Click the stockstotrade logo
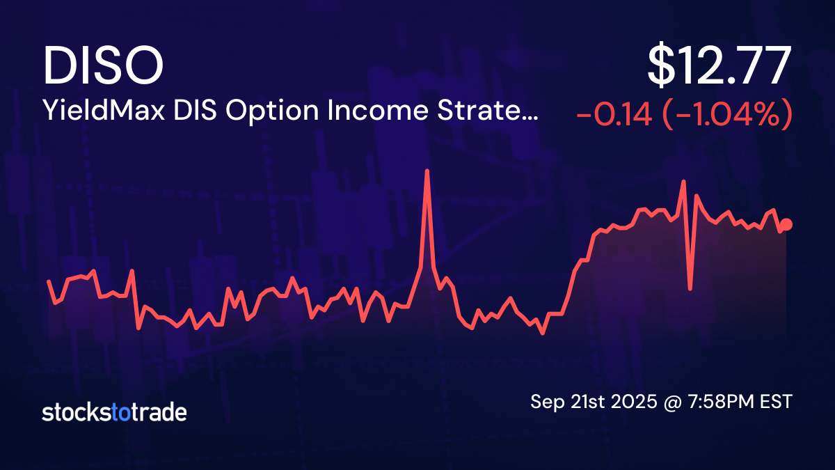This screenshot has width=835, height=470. (114, 412)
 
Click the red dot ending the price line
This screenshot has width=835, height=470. (787, 224)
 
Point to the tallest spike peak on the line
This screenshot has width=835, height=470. (427, 171)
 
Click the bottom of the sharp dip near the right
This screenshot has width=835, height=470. (690, 288)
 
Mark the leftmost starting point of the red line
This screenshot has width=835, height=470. (49, 281)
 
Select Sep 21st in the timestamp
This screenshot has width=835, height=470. (563, 402)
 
